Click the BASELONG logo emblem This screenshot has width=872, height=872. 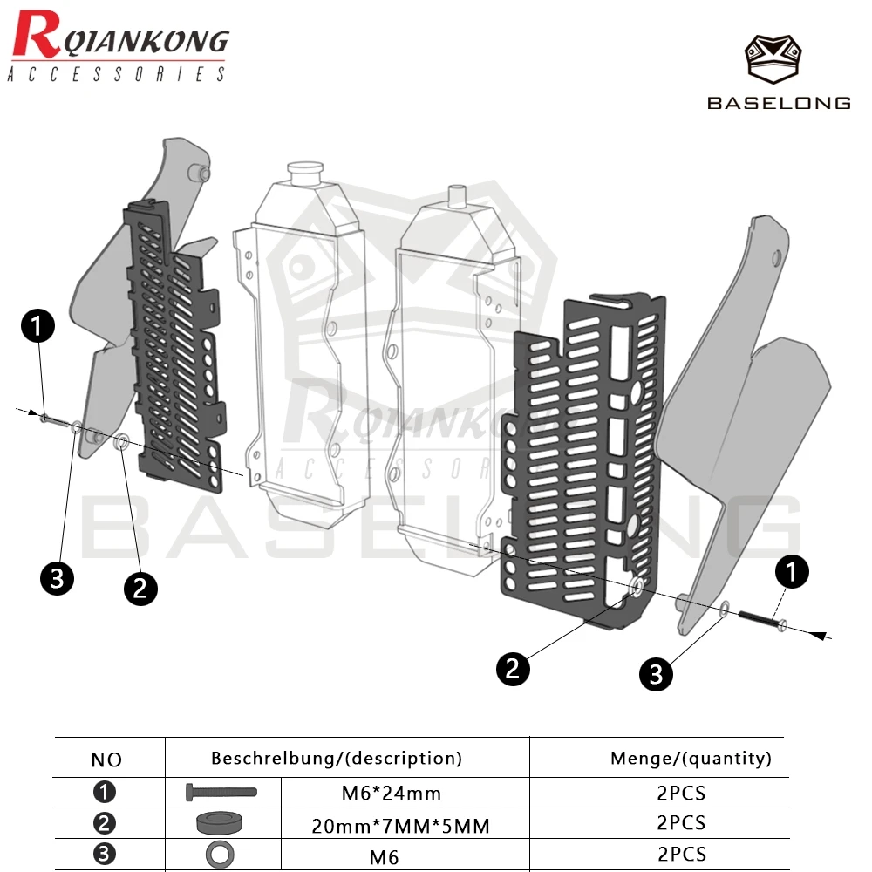773,59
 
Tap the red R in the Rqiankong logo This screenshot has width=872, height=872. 36,35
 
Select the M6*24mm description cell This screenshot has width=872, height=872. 392,793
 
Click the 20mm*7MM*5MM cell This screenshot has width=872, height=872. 400,826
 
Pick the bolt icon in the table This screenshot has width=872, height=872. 221,792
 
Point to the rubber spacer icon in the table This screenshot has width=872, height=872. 220,823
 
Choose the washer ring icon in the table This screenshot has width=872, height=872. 221,855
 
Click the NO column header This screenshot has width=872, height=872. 106,760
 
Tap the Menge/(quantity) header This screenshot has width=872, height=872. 691,759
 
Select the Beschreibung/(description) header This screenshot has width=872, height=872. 337,759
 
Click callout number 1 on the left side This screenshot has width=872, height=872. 37,326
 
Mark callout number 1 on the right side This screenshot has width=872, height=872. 792,572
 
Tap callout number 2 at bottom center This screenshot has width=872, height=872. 513,669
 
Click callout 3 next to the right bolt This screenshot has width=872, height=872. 657,674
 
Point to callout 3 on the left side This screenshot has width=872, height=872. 57,578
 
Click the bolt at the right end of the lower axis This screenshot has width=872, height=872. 762,619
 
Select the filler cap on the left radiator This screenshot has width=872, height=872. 304,173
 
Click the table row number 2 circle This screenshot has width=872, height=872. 105,823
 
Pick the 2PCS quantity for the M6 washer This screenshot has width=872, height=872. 682,854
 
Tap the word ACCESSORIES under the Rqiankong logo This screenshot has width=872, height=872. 117,74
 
